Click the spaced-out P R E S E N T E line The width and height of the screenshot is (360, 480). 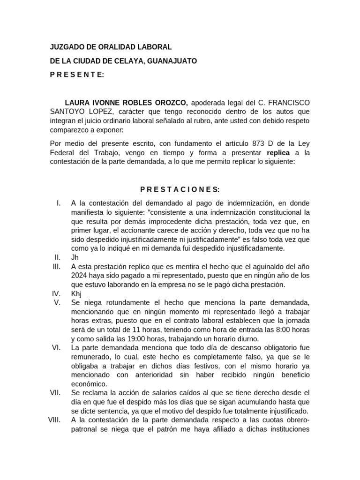pyautogui.click(x=77, y=75)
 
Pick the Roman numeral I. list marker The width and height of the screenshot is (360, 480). pyautogui.click(x=59, y=203)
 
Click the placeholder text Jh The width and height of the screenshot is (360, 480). pyautogui.click(x=75, y=257)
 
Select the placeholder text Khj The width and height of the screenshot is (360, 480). pyautogui.click(x=76, y=293)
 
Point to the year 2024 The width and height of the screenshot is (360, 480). pyautogui.click(x=80, y=275)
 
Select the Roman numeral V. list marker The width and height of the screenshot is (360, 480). pyautogui.click(x=58, y=302)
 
